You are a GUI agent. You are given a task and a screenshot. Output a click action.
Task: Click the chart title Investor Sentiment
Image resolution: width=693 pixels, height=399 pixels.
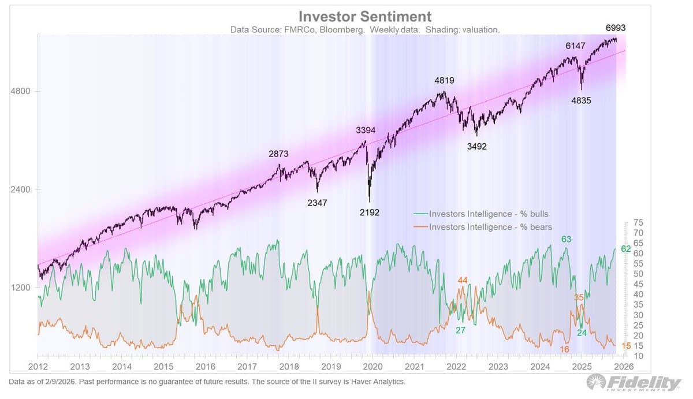click(364, 16)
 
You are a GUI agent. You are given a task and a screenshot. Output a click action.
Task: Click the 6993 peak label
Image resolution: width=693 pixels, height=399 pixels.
click(616, 28)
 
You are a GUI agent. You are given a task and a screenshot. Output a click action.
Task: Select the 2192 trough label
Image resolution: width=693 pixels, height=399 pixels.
click(369, 212)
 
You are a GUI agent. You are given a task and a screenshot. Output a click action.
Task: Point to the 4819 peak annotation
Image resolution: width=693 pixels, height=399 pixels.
click(444, 81)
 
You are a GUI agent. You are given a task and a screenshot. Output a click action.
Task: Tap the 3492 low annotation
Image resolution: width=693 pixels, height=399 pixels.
click(477, 147)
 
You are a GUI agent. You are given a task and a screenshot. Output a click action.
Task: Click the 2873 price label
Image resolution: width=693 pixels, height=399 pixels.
click(278, 154)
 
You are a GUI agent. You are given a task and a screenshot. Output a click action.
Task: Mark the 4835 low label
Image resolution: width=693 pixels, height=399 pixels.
click(581, 100)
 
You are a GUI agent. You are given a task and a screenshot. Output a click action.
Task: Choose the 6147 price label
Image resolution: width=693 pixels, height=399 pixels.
click(575, 45)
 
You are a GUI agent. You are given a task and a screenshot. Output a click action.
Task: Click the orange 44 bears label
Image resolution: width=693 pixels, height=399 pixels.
click(463, 281)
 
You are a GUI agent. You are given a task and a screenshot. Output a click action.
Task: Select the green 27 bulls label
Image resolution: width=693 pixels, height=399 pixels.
click(460, 330)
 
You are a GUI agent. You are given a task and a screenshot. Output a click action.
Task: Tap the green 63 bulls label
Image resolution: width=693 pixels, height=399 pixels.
click(566, 239)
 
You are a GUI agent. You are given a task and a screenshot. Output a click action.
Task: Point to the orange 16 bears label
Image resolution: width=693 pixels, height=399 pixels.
click(565, 350)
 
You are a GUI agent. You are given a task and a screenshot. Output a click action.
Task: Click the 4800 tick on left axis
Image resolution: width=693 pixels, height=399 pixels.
click(21, 91)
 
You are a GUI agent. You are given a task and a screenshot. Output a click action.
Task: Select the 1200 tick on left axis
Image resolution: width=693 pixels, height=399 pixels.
click(21, 288)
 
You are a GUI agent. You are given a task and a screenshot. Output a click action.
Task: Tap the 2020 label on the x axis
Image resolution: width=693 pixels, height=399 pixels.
click(373, 367)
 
